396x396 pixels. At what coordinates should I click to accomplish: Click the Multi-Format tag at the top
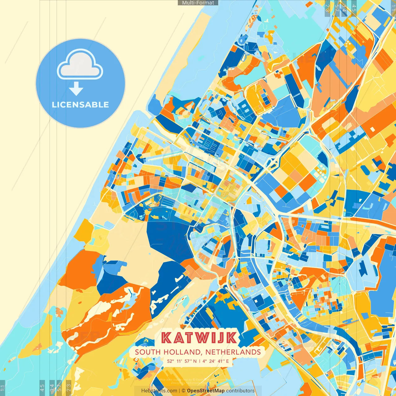coord(198,3)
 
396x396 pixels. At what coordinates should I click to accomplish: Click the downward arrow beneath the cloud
coord(76,89)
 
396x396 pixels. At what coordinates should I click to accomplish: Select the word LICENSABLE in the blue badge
coord(80,105)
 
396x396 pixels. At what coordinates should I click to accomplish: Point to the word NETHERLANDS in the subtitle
coord(233,352)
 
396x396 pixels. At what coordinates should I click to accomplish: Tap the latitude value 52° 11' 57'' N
coord(182,361)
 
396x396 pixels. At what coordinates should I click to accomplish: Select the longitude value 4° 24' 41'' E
coord(216,361)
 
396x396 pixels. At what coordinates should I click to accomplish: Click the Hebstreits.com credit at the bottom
coord(159,391)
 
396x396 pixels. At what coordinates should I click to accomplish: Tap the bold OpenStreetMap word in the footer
coord(206,391)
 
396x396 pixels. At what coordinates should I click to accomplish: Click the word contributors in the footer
coord(240,391)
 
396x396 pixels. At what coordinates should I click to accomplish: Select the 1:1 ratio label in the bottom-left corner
coord(2,388)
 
